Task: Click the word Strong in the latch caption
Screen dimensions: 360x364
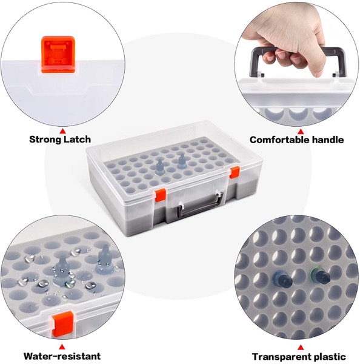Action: [45, 140]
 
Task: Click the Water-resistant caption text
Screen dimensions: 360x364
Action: [62, 356]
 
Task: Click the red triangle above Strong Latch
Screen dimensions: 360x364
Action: [62, 132]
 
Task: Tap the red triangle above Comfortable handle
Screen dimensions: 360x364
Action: [301, 132]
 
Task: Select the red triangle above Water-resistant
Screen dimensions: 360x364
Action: [62, 347]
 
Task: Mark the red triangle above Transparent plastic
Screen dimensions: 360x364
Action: [301, 348]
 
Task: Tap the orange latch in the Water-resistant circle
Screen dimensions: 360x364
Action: [61, 325]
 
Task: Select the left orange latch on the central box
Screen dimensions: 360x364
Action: [161, 195]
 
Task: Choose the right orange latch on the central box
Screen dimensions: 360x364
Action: [235, 172]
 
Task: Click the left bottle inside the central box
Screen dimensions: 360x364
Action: [159, 166]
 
